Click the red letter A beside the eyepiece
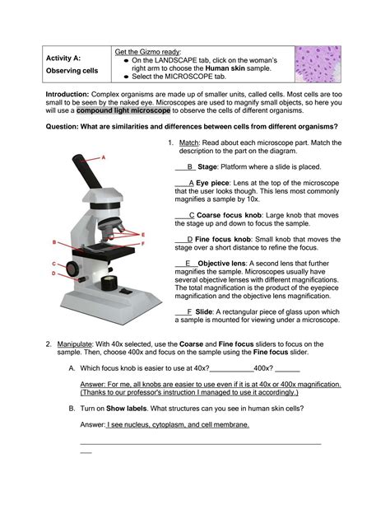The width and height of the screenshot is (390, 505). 104,157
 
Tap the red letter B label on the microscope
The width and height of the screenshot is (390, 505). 54,242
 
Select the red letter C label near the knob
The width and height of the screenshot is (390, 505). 54,264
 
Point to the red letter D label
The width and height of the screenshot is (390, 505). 53,274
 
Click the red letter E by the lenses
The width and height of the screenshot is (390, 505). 143,235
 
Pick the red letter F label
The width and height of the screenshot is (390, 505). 143,244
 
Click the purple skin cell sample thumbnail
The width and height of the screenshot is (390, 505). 318,64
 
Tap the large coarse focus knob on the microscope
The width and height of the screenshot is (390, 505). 72,268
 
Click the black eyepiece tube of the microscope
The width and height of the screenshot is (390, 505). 87,171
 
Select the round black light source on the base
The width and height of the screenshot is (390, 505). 109,283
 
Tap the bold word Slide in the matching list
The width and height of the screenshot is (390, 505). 204,311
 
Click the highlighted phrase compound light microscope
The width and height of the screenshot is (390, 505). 123,110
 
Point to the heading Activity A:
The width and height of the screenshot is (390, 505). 63,58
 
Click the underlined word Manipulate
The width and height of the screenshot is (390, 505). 74,344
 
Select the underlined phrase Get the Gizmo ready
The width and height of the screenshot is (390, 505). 148,52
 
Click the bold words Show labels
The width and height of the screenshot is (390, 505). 126,409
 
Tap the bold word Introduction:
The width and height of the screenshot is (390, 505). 67,95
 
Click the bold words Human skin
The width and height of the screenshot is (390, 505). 225,68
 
